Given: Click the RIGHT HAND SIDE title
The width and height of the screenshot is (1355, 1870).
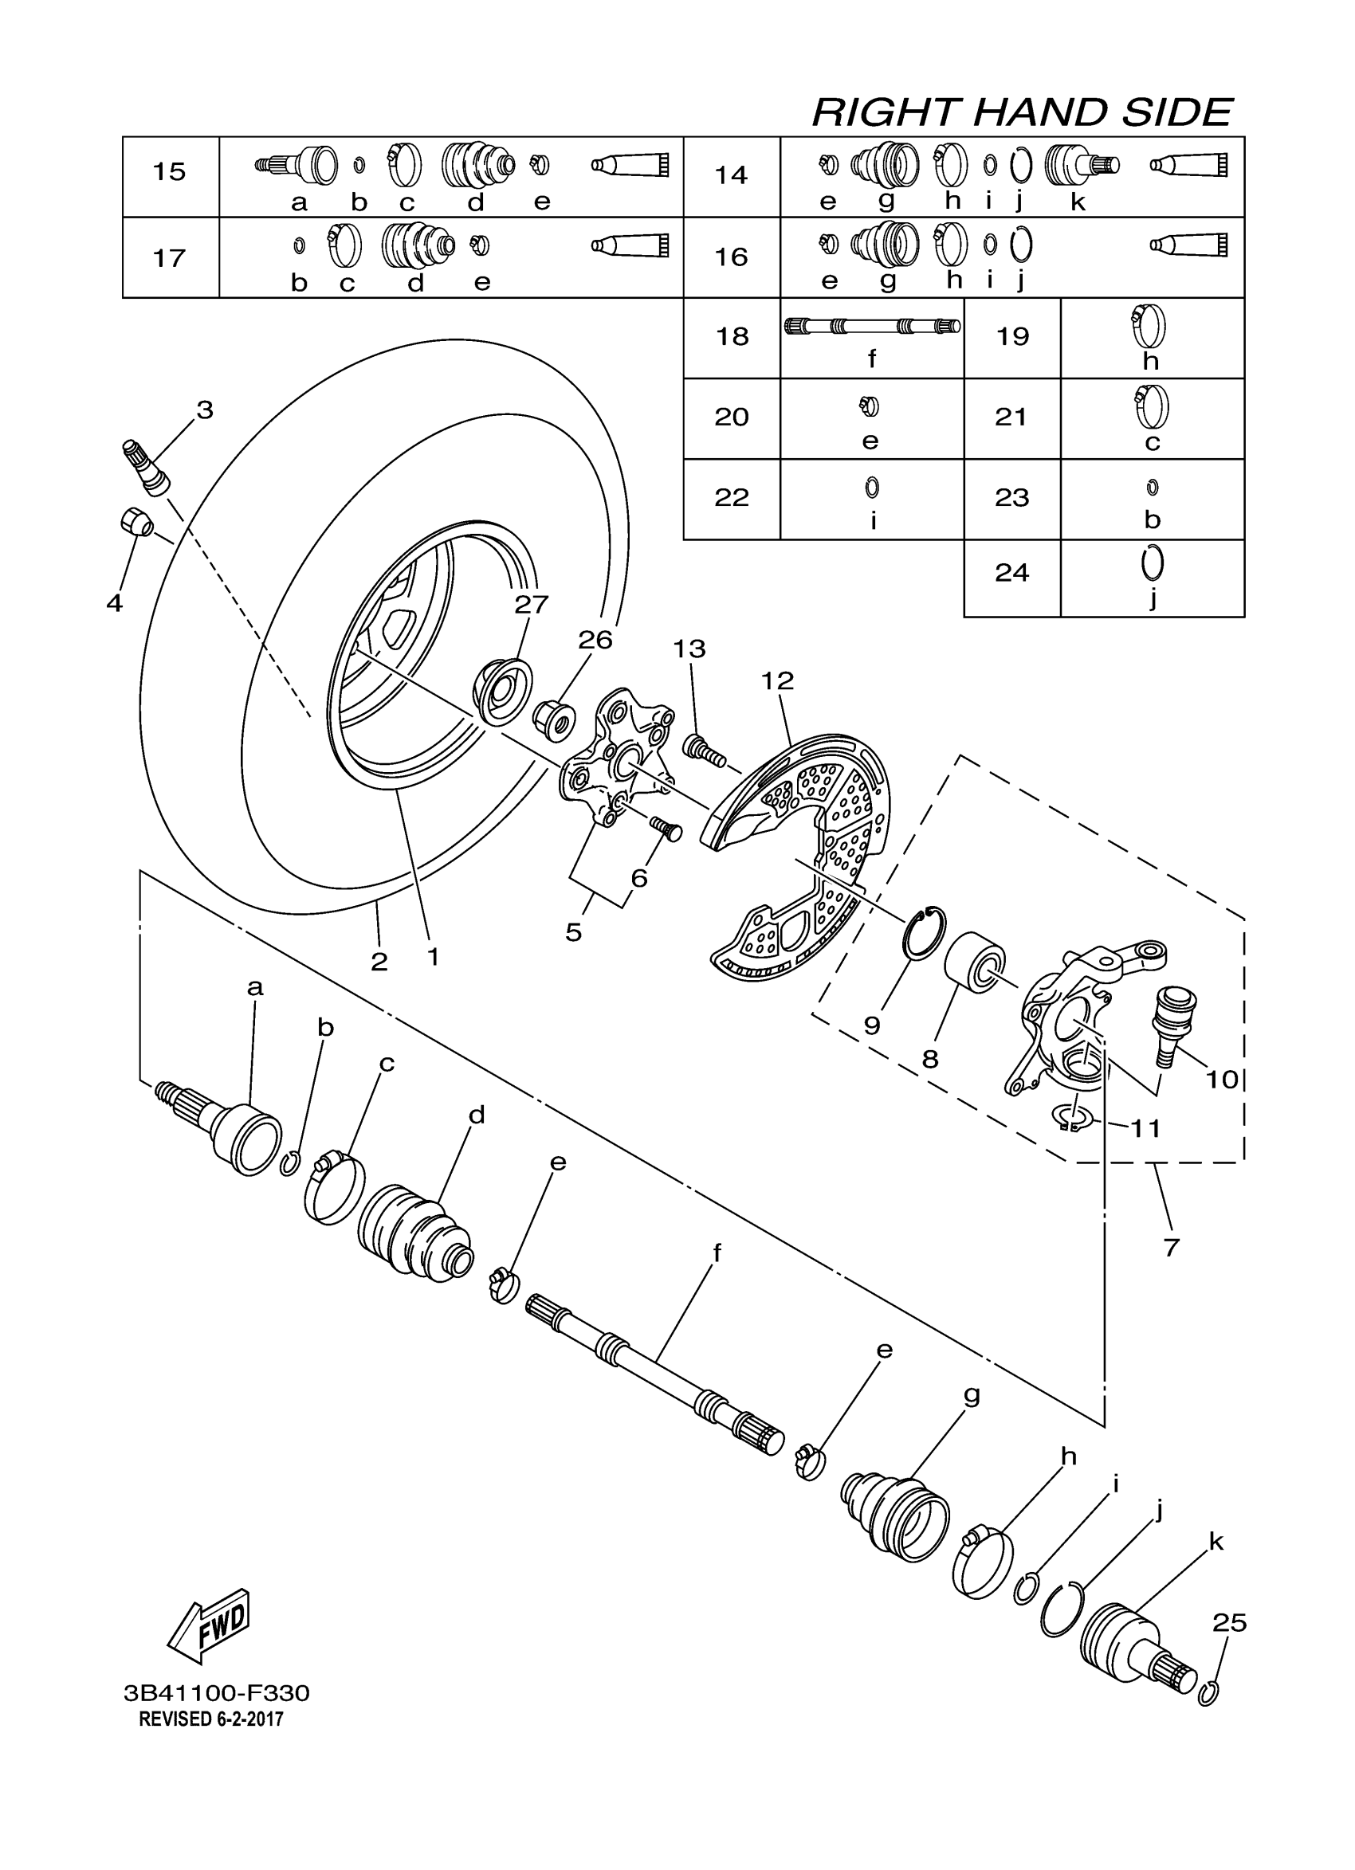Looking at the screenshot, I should click(x=1022, y=112).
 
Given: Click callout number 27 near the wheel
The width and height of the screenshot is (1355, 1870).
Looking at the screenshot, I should click(x=531, y=605).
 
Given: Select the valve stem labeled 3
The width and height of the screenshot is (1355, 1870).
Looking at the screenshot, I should click(x=144, y=468).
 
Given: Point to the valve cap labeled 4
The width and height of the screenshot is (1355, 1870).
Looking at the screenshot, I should click(x=135, y=522).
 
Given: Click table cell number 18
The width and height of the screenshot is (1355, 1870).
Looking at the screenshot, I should click(x=732, y=336).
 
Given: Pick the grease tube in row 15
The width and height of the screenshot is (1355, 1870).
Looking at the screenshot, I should click(x=630, y=165).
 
